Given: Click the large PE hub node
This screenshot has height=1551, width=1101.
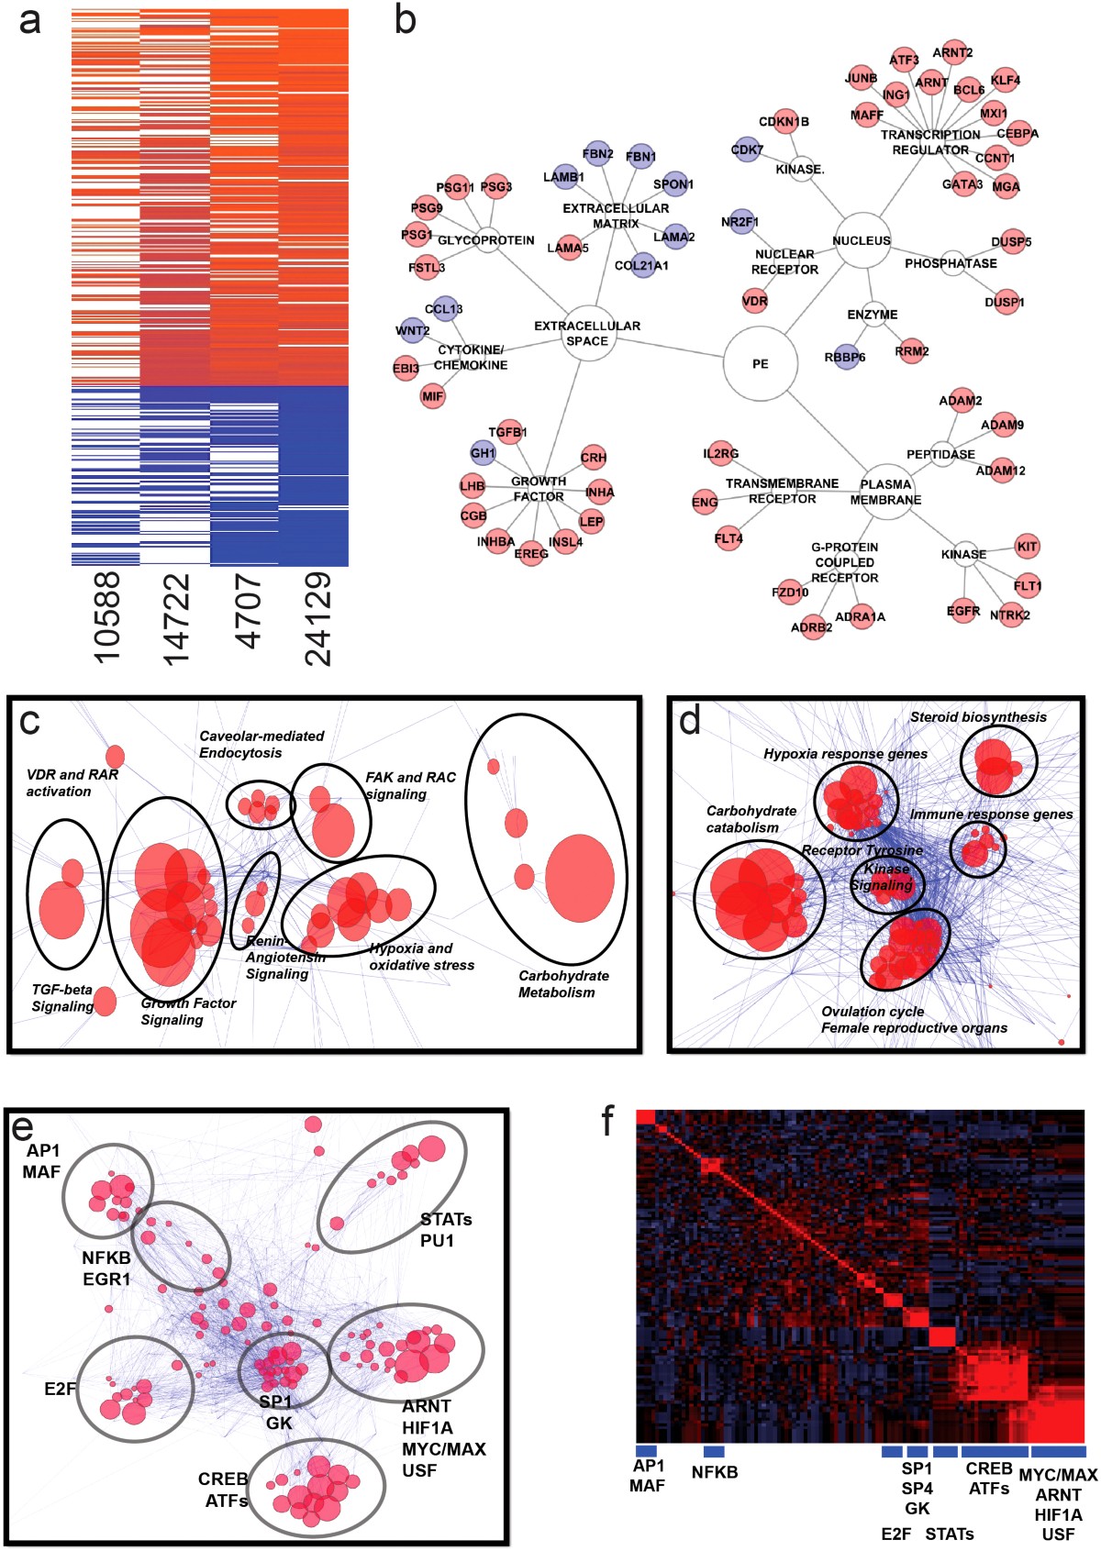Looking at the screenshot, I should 759,363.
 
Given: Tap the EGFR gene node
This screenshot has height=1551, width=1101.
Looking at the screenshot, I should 963,611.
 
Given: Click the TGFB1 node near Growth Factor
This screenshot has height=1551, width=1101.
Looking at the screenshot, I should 507,432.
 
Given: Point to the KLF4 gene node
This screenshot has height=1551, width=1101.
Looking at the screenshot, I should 1005,81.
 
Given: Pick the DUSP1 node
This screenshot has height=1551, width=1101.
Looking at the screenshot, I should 1005,302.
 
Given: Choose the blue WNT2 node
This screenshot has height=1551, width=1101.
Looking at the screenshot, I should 412,331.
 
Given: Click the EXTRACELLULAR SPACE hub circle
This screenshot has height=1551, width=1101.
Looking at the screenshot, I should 587,333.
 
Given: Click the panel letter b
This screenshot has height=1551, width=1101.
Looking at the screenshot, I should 405,20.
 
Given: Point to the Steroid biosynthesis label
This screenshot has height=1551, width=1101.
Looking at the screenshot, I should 978,717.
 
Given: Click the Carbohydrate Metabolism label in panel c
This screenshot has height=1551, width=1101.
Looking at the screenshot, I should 563,984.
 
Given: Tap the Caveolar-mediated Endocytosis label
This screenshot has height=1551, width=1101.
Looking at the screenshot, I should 261,744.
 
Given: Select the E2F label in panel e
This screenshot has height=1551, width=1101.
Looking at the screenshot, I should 60,1389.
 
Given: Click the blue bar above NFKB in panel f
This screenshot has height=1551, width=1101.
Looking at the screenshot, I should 714,1451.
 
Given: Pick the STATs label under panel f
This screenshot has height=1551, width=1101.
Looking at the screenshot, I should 949,1534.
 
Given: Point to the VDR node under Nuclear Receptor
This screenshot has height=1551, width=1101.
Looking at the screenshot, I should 754,301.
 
